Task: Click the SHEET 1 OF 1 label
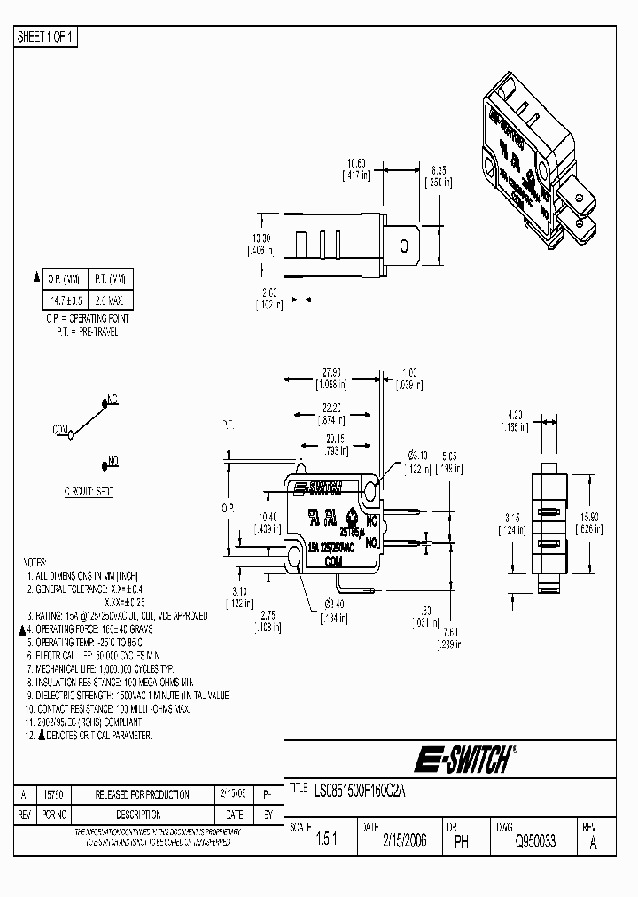pyautogui.click(x=47, y=36)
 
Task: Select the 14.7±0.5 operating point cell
pyautogui.click(x=65, y=301)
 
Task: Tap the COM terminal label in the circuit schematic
pyautogui.click(x=60, y=429)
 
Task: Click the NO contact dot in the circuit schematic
pyautogui.click(x=104, y=462)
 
